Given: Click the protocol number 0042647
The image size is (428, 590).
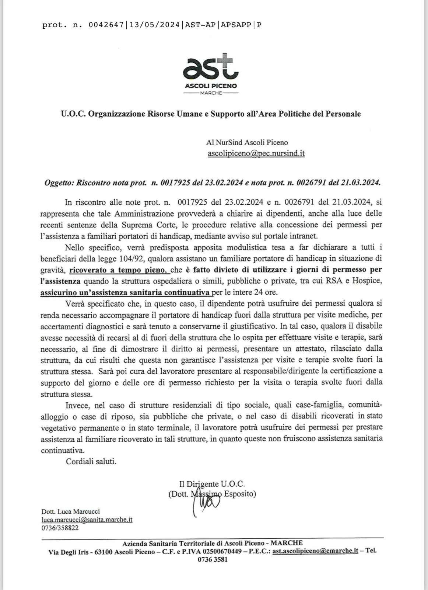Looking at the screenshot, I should [106, 25].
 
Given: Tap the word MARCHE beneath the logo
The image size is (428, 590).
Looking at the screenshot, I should [211, 93].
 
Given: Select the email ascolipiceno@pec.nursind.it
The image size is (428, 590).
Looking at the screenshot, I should [256, 153].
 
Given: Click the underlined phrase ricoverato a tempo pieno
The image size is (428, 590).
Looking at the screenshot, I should [119, 270].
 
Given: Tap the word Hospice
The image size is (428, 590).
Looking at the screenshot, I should [367, 281].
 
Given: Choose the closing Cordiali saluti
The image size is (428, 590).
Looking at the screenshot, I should [91, 461].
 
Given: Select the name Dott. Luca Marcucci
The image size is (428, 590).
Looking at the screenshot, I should [70, 511].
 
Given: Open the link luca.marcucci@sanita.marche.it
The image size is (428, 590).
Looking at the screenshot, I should [87, 520].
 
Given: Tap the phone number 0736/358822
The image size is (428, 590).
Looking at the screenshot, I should [60, 528].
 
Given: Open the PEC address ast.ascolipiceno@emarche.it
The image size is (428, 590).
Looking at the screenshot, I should [315, 551].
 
